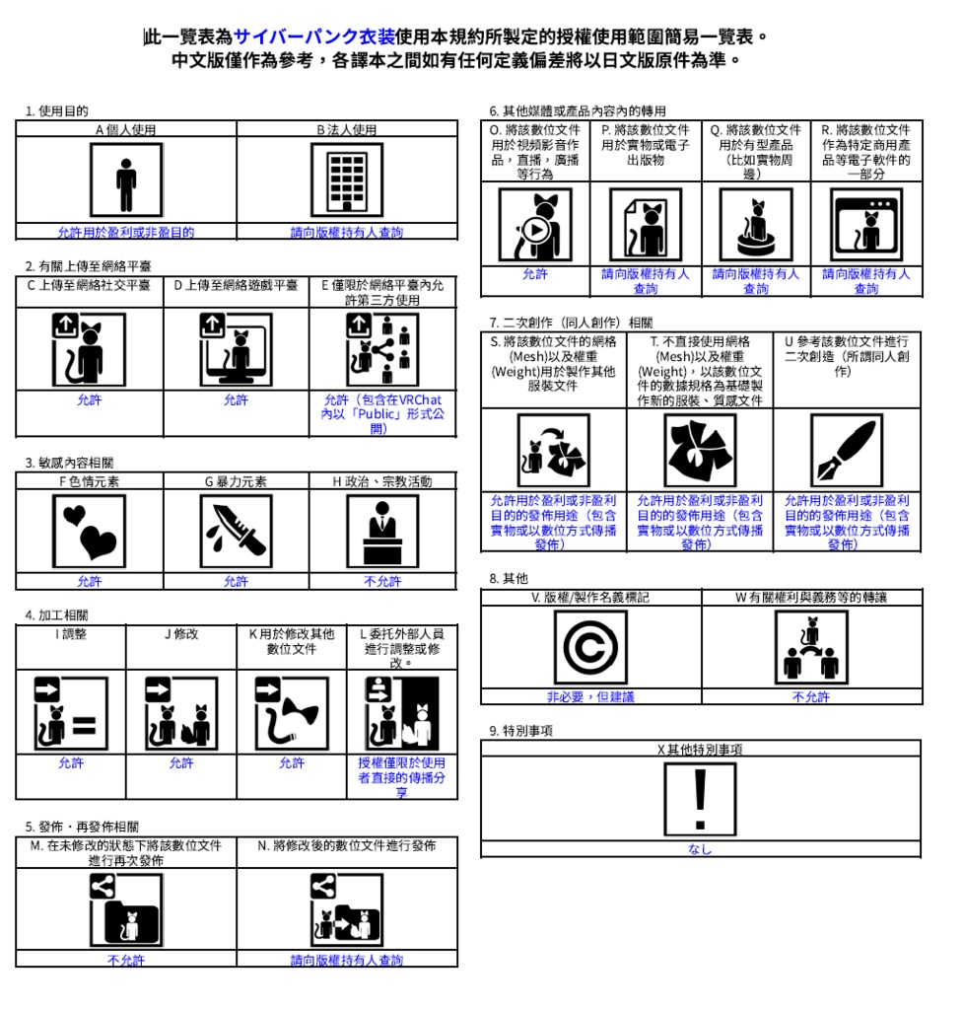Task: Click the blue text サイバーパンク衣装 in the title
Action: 314,37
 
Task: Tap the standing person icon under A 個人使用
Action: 125,180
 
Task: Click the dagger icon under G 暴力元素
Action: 236,532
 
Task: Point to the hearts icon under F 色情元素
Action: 89,532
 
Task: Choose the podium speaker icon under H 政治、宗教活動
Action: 382,532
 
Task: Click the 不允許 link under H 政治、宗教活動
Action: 382,581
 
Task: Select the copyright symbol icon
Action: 590,648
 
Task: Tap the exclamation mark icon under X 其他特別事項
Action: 700,798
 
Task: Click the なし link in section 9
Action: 700,849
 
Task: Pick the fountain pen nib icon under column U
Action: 846,451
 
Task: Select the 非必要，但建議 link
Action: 590,696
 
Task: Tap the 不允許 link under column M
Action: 125,960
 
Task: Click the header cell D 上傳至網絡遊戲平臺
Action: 236,286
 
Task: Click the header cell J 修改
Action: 180,634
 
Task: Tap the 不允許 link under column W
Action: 811,696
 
